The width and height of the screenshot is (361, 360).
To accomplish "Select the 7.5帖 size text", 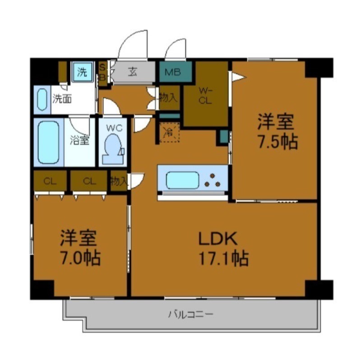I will point(277,142).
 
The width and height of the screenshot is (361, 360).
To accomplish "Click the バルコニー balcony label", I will point(190,313).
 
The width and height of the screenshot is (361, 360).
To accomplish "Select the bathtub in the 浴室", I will point(48,142).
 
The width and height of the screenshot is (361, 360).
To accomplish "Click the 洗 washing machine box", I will point(82,72).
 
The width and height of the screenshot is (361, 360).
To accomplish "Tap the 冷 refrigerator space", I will point(169,133).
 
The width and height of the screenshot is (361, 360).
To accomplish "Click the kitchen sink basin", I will point(182,180).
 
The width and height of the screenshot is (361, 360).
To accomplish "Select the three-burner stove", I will point(213,180).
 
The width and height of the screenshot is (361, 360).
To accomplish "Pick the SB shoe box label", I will point(102,73).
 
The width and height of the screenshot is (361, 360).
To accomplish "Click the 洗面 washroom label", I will point(61,98).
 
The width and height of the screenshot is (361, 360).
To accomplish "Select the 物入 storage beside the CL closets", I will point(118,182).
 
